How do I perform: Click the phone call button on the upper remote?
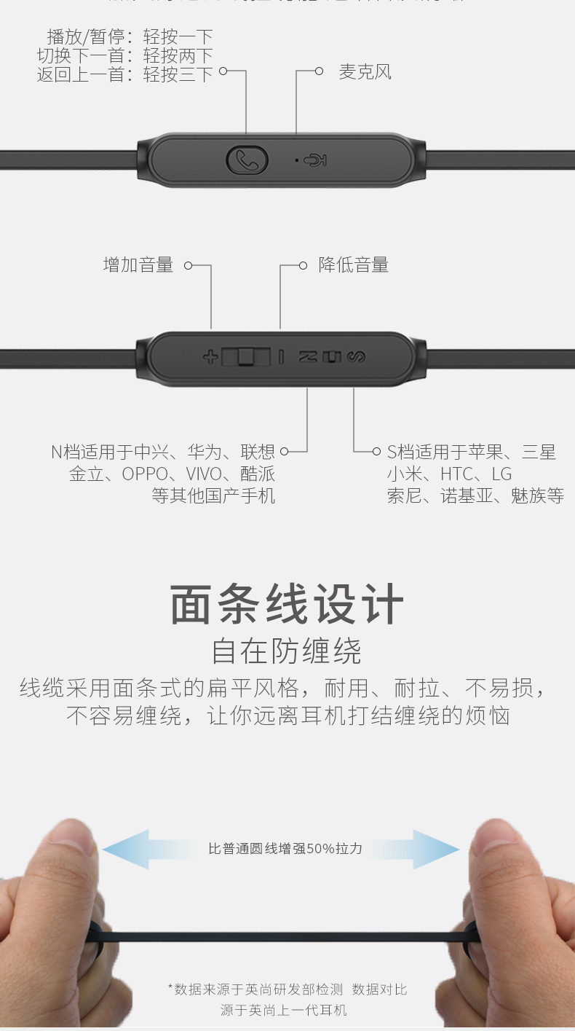(247, 160)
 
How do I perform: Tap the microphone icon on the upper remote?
(315, 160)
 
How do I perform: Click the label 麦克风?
(365, 71)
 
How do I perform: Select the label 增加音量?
(138, 265)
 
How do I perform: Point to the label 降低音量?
(354, 265)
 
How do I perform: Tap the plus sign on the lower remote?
(210, 357)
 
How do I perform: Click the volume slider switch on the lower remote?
(245, 357)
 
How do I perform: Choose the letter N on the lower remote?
(309, 357)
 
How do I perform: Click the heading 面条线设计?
(287, 605)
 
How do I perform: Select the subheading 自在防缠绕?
(287, 651)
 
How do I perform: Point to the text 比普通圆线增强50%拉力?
(285, 848)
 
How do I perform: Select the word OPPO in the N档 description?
(144, 474)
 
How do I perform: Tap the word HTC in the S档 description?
(456, 474)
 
